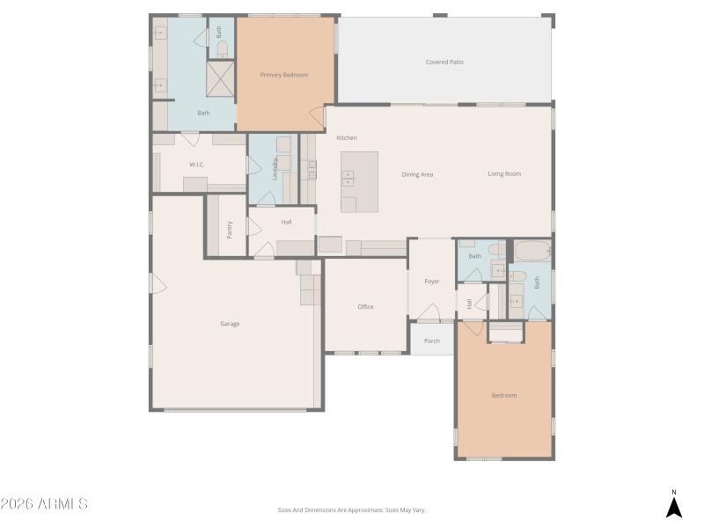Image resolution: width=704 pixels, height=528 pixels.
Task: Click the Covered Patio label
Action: point(444,62)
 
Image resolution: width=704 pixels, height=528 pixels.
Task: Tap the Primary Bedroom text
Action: point(284,75)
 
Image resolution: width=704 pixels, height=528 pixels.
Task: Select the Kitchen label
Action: point(347,138)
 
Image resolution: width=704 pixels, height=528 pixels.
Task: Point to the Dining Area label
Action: point(417,174)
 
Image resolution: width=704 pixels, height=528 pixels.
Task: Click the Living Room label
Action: point(504,174)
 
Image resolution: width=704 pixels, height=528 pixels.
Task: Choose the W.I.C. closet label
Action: point(197,165)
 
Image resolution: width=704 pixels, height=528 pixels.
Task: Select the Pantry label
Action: point(230,229)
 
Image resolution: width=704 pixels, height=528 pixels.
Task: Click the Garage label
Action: point(230,324)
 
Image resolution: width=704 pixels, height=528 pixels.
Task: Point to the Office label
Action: point(365,307)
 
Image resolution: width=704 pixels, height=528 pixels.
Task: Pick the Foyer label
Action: point(432,282)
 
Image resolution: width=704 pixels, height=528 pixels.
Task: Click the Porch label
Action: point(432,341)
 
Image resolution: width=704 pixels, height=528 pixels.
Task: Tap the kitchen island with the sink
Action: point(359,180)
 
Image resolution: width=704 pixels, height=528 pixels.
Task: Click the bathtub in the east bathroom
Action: point(532,251)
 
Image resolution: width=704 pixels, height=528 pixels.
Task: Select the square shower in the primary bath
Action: point(221,79)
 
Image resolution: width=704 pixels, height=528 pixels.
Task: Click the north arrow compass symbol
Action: point(673,506)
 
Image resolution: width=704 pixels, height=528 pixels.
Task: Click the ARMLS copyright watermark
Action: point(44,504)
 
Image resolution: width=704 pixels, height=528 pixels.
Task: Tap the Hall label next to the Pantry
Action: point(286,222)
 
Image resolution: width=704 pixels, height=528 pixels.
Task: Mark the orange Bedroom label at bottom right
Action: point(504,395)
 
